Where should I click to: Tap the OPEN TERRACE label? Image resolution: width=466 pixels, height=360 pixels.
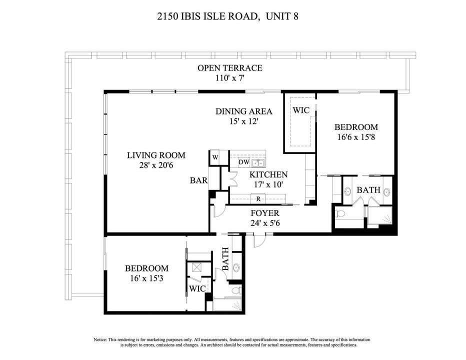click(x=229, y=68)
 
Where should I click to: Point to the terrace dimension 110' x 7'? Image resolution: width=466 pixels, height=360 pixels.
click(x=229, y=78)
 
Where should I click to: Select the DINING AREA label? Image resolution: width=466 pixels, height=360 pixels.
click(x=243, y=111)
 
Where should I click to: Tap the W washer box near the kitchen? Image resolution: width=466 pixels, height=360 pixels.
click(x=215, y=157)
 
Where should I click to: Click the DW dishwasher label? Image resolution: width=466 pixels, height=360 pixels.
click(x=243, y=162)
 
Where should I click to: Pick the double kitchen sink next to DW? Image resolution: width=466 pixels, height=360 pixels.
click(x=258, y=162)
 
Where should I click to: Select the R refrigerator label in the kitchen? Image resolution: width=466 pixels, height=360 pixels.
click(x=258, y=199)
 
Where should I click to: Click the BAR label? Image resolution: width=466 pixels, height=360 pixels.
click(x=198, y=180)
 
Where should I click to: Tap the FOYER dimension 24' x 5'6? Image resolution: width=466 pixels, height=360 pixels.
click(x=264, y=223)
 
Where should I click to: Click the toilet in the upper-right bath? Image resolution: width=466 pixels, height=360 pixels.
click(x=341, y=213)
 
